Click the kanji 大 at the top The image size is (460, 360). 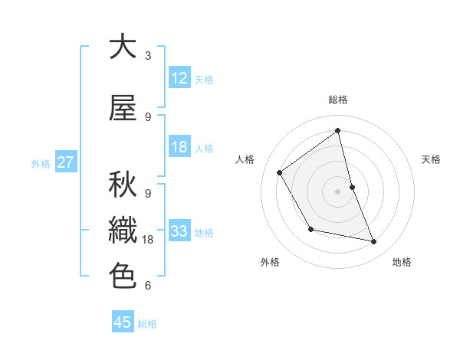tap(123, 47)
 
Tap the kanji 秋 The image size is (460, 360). tap(123, 185)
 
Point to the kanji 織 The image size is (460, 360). tap(123, 230)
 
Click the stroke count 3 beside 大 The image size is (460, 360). tap(147, 56)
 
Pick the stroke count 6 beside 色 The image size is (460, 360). tap(147, 286)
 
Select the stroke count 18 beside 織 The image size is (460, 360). tap(149, 240)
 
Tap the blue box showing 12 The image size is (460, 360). tap(179, 78)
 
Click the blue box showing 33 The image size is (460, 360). tap(179, 231)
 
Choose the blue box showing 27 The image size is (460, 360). tap(65, 162)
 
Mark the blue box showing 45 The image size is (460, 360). tap(123, 322)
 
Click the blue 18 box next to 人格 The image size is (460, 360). tap(179, 147)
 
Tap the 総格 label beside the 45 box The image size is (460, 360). tap(147, 324)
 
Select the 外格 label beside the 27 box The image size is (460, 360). tap(41, 163)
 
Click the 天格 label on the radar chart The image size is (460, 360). tap(431, 159)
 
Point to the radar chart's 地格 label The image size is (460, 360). tap(402, 262)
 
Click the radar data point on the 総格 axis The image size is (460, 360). tap(337, 131)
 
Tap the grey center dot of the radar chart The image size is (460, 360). tap(337, 191)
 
